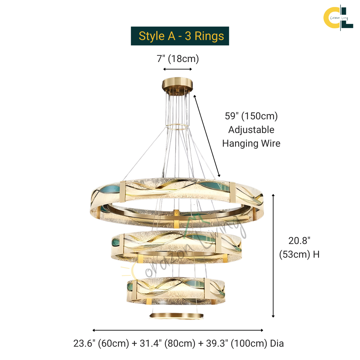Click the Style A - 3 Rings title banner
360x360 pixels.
(x=180, y=36)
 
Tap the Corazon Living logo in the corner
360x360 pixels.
(x=338, y=18)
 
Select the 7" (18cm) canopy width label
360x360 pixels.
(x=178, y=59)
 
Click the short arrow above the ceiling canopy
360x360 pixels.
(x=177, y=69)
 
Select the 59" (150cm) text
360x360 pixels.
(x=251, y=116)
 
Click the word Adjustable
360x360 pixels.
(x=251, y=130)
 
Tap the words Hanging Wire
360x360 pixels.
(x=251, y=143)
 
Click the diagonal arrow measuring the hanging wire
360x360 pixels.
(x=207, y=136)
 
